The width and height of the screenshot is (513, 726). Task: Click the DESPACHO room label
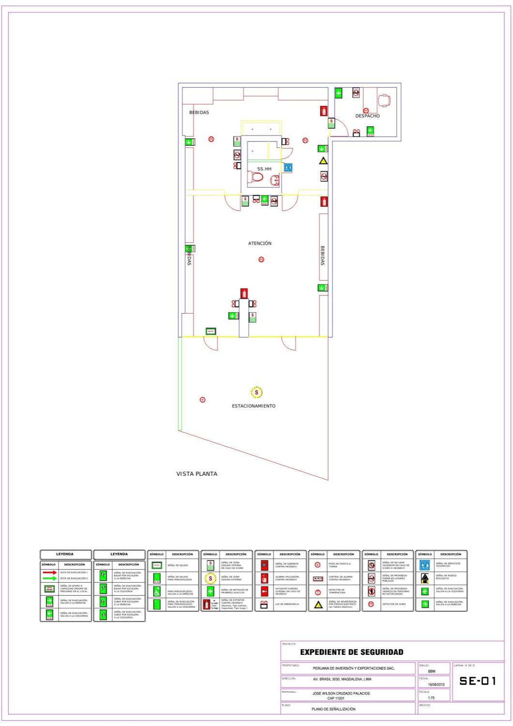(367, 116)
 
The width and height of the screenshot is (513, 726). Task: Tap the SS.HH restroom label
(264, 169)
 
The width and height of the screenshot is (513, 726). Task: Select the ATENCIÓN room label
(260, 243)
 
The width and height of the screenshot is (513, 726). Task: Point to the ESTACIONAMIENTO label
(254, 406)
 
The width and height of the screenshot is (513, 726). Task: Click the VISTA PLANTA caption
(196, 474)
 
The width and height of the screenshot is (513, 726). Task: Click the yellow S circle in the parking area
(256, 392)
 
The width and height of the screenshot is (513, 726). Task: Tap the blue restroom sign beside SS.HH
(288, 167)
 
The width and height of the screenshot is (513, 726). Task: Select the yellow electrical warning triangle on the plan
(323, 161)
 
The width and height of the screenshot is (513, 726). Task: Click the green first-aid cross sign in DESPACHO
(338, 93)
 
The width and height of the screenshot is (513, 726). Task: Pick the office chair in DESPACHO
(384, 100)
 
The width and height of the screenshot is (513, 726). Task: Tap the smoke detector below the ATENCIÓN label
(261, 259)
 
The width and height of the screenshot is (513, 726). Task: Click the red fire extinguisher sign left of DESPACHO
(324, 111)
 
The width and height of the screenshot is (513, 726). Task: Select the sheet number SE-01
(478, 681)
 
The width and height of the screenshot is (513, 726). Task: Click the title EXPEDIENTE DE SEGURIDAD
(351, 652)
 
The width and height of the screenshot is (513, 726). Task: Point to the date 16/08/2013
(436, 684)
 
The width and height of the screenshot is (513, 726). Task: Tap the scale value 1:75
(431, 697)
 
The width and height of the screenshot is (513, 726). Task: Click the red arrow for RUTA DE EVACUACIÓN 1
(49, 572)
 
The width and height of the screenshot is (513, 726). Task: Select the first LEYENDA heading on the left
(65, 554)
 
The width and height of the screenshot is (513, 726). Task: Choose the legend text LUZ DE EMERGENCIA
(287, 604)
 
